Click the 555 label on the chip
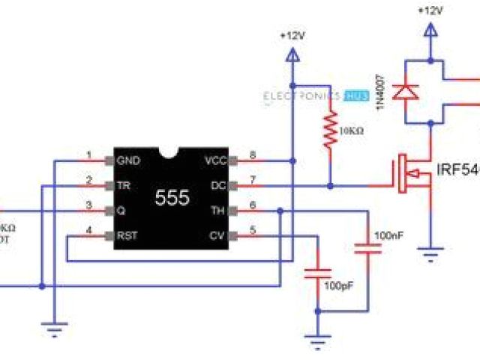point(172,197)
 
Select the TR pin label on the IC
point(121,184)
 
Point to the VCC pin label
point(215,160)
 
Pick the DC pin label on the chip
point(218,184)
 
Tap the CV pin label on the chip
point(218,235)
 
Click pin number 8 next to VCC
point(253,155)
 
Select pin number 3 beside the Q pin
point(89,205)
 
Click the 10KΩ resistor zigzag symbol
point(328,131)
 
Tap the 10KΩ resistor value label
point(351,130)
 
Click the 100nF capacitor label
point(389,235)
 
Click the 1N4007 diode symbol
point(406,91)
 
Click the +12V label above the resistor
point(292,35)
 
